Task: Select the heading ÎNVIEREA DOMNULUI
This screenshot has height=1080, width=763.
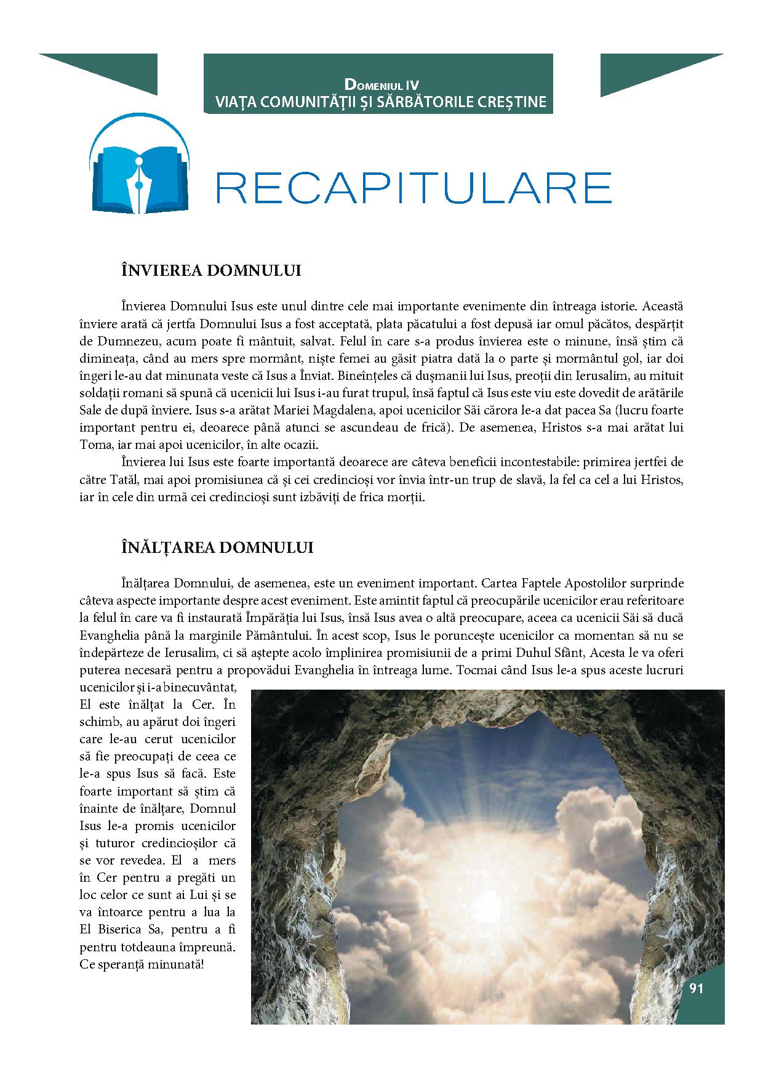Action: click(211, 271)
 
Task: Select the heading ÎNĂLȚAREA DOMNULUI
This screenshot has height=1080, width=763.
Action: click(217, 547)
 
